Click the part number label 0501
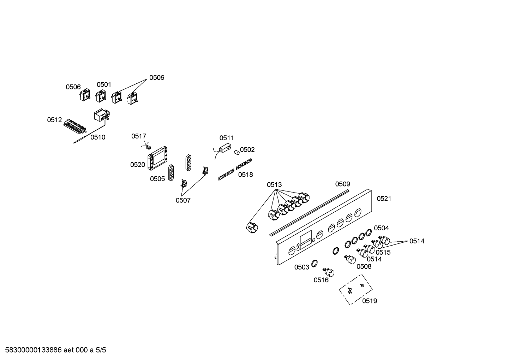click(104, 84)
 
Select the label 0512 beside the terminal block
click(54, 120)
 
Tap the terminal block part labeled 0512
click(75, 126)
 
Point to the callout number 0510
click(98, 137)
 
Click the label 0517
click(139, 136)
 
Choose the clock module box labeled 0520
click(157, 158)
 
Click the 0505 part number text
click(157, 179)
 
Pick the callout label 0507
click(183, 200)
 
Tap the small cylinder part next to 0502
click(237, 152)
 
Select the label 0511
click(226, 138)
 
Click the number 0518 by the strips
click(245, 175)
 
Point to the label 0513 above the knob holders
click(274, 185)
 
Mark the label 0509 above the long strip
click(342, 184)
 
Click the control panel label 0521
click(384, 199)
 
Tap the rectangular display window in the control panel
click(306, 240)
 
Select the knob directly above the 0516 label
click(329, 272)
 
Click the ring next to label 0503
click(314, 263)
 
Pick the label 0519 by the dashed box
click(370, 301)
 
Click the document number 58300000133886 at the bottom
click(33, 350)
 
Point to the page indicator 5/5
click(101, 350)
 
